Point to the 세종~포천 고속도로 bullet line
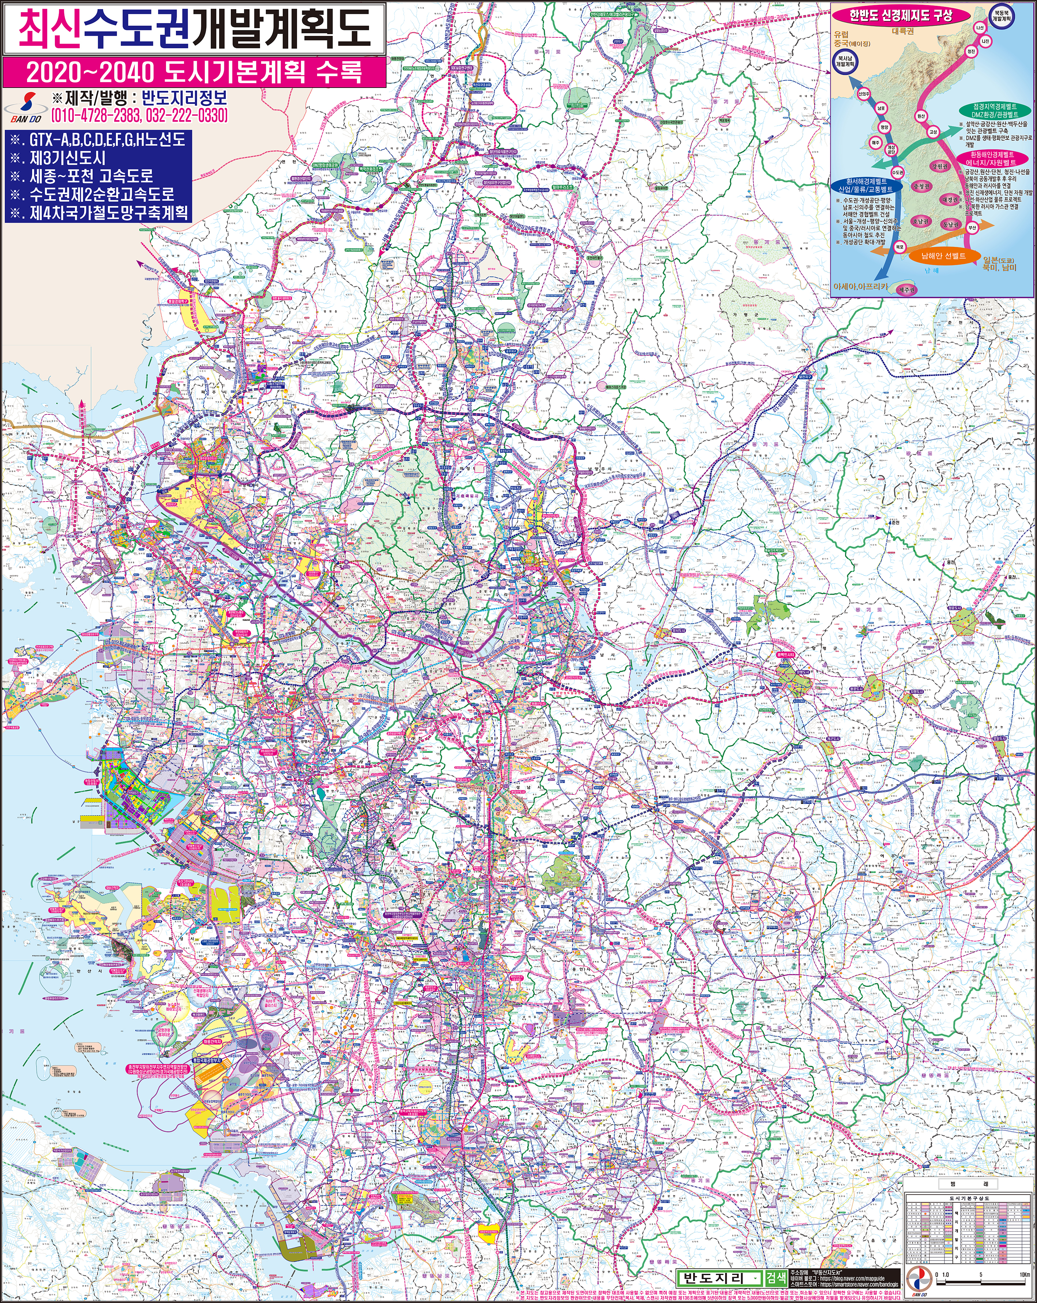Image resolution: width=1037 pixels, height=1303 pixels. tap(91, 176)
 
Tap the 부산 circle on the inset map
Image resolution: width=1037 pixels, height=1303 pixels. tap(972, 228)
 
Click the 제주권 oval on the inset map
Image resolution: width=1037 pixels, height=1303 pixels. tap(906, 290)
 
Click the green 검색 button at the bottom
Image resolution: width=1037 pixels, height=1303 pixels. tap(775, 1260)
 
